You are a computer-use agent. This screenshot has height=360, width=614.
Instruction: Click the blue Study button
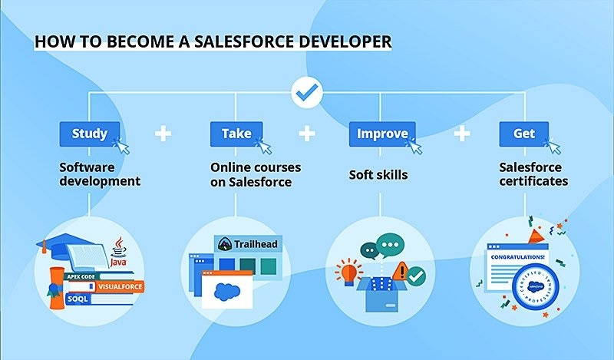90,134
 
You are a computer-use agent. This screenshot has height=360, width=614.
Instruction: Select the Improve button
381,134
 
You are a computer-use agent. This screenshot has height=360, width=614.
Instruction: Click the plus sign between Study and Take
163,134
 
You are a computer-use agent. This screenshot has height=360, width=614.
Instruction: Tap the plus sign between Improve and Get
461,134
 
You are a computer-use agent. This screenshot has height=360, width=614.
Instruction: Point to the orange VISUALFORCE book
115,286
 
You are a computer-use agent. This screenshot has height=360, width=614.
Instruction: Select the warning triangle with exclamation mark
400,270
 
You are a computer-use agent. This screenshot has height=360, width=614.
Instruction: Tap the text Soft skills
378,175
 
